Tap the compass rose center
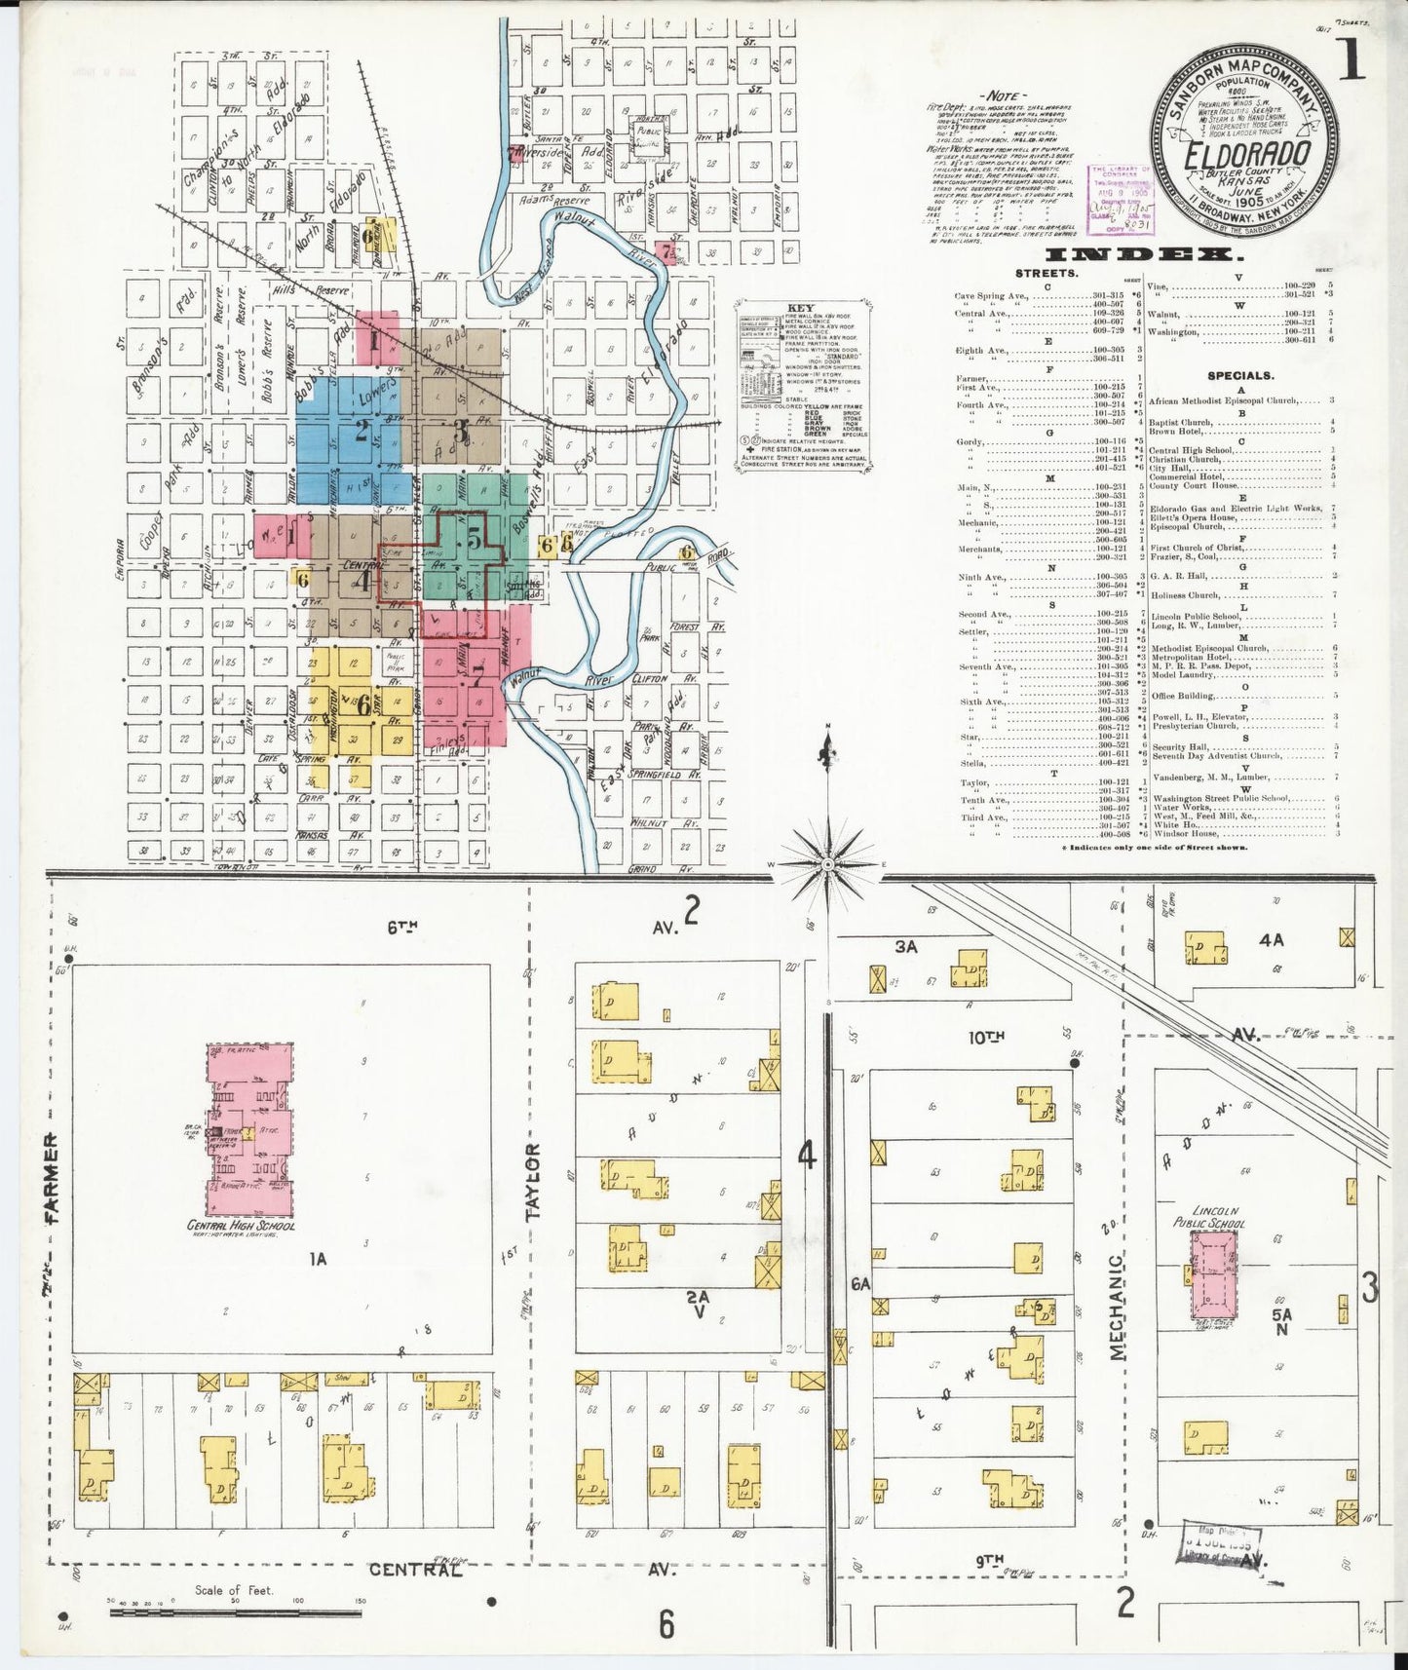pos(827,863)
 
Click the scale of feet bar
pos(234,1613)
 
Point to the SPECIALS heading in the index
pos(1238,375)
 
